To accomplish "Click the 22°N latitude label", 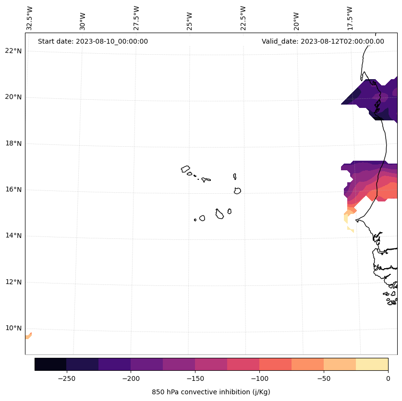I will (x=13, y=51).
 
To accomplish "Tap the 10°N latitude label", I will (x=13, y=328).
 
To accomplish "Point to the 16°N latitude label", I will (x=13, y=189).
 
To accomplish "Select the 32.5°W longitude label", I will (x=30, y=18).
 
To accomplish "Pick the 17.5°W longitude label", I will (x=350, y=18).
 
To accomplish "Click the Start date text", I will (x=93, y=41).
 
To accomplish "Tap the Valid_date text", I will (x=323, y=41).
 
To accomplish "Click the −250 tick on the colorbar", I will (x=66, y=378).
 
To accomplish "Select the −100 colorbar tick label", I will (x=259, y=378).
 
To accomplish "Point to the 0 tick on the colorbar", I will (x=388, y=378).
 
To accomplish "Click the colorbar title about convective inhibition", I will (x=211, y=392).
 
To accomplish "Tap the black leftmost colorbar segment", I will (x=50, y=364).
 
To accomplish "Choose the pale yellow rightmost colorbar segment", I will (x=372, y=364).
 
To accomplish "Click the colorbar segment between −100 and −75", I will (x=275, y=364).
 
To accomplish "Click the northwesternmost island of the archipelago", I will (x=185, y=169).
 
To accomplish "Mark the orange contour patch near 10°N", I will (x=28, y=336).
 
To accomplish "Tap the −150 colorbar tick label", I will (x=195, y=378).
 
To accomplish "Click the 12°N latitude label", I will (x=13, y=282).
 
